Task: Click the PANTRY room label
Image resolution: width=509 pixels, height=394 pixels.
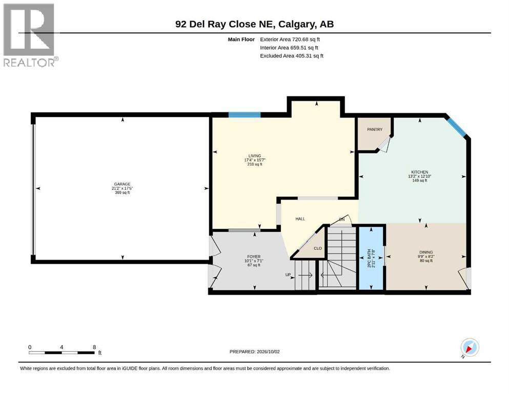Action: coord(375,129)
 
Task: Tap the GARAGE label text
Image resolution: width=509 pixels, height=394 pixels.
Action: coord(122,184)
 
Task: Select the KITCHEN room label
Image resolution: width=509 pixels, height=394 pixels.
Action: coord(420,172)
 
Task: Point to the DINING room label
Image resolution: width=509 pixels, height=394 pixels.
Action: coord(426,252)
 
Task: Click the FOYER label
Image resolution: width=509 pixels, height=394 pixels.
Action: coord(254,257)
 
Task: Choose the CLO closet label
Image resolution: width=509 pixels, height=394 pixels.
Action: coord(318,248)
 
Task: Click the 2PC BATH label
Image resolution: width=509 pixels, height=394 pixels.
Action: coord(369,259)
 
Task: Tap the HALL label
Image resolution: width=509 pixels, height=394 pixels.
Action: coord(300,219)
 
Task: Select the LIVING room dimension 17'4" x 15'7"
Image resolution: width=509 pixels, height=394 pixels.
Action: coord(255,160)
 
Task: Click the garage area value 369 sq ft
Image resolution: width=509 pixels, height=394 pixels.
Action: coord(123,192)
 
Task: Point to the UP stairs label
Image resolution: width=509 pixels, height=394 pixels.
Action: coord(288,275)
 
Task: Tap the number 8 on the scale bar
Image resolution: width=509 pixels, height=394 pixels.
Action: coord(94,347)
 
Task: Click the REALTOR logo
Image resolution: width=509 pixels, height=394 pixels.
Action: coord(31,35)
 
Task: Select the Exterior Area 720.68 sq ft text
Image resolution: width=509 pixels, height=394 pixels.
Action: coord(290,40)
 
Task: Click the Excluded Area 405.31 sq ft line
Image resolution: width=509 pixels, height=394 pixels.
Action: coord(292,56)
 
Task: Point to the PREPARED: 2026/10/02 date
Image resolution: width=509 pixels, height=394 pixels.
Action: coord(254,351)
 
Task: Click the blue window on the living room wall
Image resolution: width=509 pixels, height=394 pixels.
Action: coord(245,114)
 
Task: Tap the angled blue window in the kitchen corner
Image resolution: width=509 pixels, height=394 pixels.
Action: coord(456,127)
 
